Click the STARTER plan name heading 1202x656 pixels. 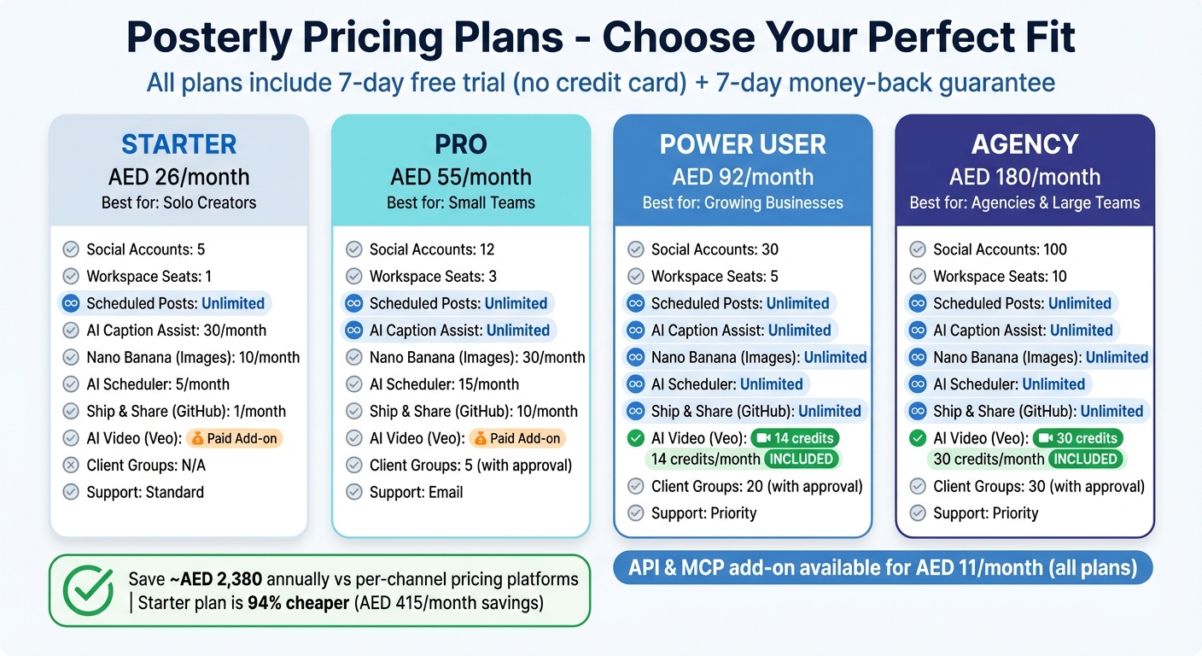coord(178,143)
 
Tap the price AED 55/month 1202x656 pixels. coord(461,177)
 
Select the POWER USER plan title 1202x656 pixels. coord(743,144)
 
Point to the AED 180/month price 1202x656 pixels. coord(1024,177)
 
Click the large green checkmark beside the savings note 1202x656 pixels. coord(88,589)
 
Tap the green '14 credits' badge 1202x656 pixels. coord(795,438)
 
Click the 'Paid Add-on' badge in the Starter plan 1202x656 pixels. coord(234,438)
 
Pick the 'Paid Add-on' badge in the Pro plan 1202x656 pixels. coord(516,438)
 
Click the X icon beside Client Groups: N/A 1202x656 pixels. coord(71,466)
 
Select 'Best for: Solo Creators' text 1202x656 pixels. coord(178,202)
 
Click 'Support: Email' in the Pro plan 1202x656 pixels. coord(416,492)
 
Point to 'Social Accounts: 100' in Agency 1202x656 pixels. coord(1000,249)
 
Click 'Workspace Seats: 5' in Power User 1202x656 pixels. coord(715,277)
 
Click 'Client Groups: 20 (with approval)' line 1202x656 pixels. coord(756,486)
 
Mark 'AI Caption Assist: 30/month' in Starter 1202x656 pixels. coord(176,331)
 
